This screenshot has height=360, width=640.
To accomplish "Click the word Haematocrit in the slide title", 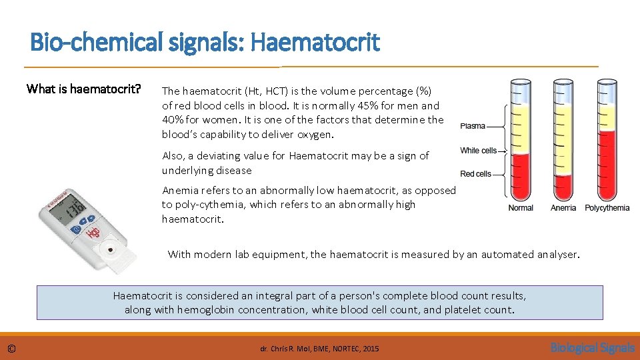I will tap(315, 43).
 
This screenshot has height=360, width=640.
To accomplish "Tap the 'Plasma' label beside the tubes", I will tap(473, 126).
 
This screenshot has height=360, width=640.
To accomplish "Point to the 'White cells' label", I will tap(478, 151).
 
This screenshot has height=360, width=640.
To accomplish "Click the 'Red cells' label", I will tap(475, 174).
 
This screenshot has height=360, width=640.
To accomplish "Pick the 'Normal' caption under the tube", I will tap(521, 208).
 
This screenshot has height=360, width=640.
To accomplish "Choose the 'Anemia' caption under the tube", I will tap(563, 208).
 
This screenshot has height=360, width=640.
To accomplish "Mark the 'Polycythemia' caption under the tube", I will tap(607, 208).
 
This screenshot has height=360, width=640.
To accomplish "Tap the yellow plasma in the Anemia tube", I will tap(564, 133).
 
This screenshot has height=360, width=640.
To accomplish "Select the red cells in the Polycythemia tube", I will tap(607, 167).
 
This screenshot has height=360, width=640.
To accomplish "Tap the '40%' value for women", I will tap(172, 120).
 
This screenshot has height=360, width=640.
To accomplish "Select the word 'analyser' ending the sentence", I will tap(558, 254).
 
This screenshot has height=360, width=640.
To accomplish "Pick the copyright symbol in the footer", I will tap(11, 349).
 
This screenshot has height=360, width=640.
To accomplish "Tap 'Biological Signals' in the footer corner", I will tap(592, 347).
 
